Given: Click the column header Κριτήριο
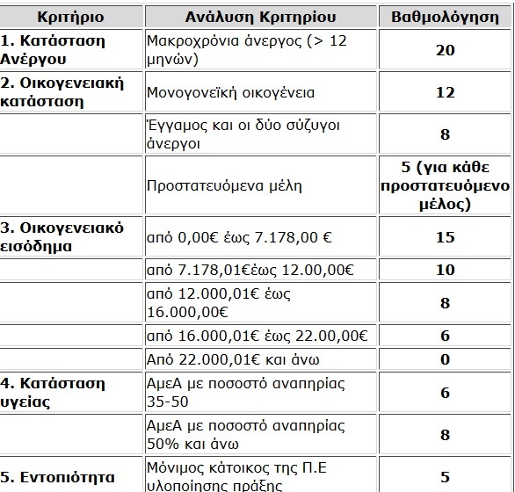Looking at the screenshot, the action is point(71,17).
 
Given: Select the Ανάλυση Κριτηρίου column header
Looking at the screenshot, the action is point(259,17).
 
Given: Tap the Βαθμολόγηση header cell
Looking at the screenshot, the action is point(445,17).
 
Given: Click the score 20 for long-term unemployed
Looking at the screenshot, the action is point(445,50).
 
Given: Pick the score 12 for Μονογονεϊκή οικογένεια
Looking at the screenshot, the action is point(445,92).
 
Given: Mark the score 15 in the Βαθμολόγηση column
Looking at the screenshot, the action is point(445,237).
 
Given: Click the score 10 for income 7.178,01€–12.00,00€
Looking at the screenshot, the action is point(445,270).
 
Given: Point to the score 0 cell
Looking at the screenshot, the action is point(445,359).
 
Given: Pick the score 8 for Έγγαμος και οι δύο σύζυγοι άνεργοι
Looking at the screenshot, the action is point(445,134).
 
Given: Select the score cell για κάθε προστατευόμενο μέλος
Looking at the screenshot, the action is point(445,186).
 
